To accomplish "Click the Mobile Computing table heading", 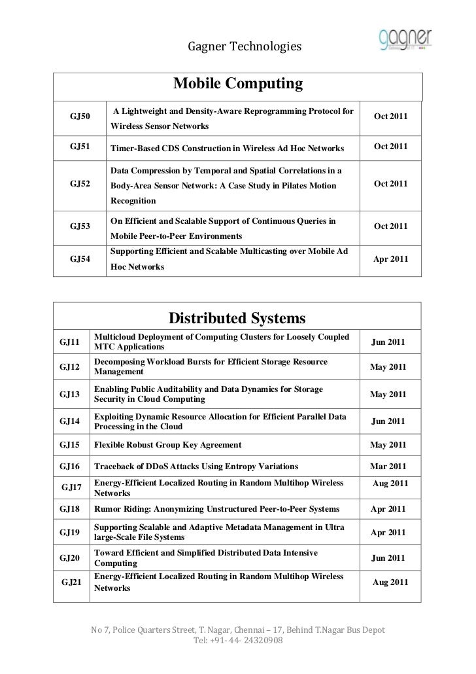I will pyautogui.click(x=238, y=84).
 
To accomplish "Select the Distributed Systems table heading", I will pyautogui.click(x=237, y=318).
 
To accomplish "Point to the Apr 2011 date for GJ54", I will pyautogui.click(x=390, y=259).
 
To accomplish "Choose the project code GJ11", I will pyautogui.click(x=69, y=342).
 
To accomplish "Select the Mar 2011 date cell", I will pyautogui.click(x=388, y=466).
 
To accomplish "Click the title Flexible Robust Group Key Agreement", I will pyautogui.click(x=168, y=445).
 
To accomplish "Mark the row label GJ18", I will pyautogui.click(x=69, y=508).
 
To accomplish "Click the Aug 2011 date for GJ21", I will pyautogui.click(x=390, y=582).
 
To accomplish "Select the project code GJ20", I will pyautogui.click(x=69, y=558).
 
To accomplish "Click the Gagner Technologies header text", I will pyautogui.click(x=245, y=47).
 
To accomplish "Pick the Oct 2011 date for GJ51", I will pyautogui.click(x=390, y=147).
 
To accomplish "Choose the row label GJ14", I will pyautogui.click(x=69, y=421).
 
